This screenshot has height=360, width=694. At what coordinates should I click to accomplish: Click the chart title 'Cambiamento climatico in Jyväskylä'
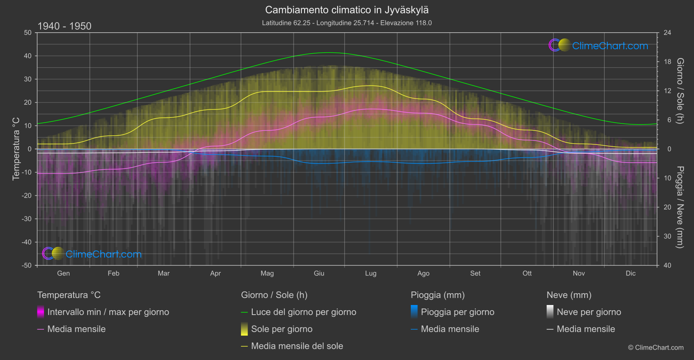tap(347, 10)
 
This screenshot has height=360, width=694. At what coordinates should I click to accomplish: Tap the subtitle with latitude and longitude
tap(347, 23)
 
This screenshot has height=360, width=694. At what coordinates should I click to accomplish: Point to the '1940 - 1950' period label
tap(64, 26)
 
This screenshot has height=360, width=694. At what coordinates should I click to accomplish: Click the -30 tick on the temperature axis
tap(27, 219)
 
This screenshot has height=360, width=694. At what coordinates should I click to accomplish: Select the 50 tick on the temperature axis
tap(28, 33)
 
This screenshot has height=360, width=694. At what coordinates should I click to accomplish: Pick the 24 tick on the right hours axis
tap(667, 33)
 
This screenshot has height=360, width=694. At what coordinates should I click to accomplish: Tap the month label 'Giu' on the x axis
tap(319, 273)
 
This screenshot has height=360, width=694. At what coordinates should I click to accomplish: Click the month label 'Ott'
tap(527, 273)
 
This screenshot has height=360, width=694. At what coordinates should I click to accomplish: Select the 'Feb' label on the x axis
tap(113, 273)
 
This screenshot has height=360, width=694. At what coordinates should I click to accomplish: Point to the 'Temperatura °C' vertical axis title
tap(16, 149)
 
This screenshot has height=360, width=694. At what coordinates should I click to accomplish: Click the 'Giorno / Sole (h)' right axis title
tap(680, 91)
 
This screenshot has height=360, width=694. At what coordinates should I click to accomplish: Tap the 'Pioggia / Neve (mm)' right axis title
tap(680, 207)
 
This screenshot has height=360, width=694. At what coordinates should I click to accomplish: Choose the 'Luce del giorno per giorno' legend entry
tap(303, 312)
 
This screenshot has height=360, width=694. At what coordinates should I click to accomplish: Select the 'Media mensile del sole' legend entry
tap(297, 346)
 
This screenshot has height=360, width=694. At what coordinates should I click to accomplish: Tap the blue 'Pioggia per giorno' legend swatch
tap(414, 312)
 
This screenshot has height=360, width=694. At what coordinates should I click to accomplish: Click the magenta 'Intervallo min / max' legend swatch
tap(41, 312)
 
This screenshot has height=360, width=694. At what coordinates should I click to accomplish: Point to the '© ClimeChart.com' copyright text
tap(656, 348)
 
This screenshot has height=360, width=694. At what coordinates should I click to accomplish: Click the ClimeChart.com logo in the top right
tap(598, 45)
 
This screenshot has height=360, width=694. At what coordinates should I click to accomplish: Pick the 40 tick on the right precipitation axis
tap(667, 265)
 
